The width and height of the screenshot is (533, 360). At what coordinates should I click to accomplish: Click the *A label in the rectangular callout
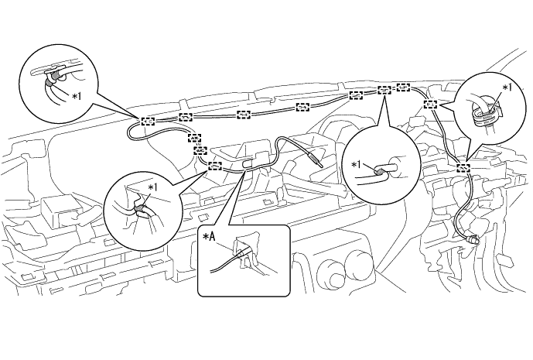click(x=209, y=237)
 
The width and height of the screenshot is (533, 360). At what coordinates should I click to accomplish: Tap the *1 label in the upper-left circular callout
click(x=77, y=97)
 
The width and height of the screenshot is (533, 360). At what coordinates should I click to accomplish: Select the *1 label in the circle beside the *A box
click(x=153, y=187)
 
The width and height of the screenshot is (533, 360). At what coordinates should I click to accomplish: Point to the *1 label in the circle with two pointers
click(x=507, y=87)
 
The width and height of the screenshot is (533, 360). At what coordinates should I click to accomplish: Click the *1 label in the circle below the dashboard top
click(x=357, y=165)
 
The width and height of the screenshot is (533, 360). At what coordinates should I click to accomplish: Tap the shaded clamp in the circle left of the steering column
click(x=378, y=172)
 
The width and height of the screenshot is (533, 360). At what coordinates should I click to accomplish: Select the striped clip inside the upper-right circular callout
click(x=483, y=113)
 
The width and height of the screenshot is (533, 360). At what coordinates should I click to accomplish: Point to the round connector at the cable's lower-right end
click(x=473, y=239)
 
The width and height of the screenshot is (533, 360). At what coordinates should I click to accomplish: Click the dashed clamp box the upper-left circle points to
click(x=147, y=121)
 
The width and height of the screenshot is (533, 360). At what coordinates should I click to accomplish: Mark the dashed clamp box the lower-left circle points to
click(x=215, y=166)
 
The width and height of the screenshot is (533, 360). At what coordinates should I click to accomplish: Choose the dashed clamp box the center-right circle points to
click(x=384, y=91)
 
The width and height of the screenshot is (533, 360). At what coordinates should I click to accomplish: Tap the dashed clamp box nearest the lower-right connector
click(x=463, y=167)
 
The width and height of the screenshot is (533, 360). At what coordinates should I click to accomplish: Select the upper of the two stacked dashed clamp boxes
click(x=194, y=139)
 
